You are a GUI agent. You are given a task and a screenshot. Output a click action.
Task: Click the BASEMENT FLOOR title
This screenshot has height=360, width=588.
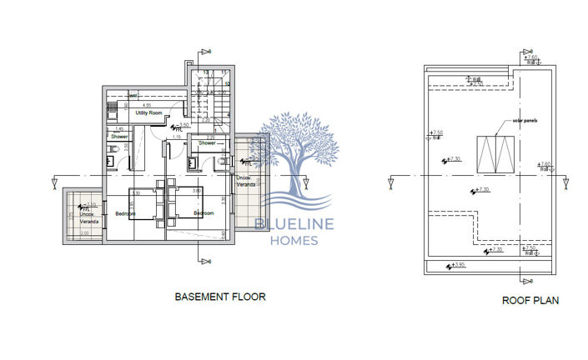[219, 297]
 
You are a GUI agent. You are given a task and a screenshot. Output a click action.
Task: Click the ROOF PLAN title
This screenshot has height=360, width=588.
[530, 301]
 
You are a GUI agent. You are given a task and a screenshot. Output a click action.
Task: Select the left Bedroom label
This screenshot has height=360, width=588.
[127, 213]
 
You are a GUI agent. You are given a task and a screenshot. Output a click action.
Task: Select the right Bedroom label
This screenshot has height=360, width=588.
[204, 213]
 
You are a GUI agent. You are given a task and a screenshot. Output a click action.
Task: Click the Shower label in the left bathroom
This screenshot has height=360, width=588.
[119, 136]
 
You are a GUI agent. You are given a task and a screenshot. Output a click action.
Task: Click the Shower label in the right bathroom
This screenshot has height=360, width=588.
[208, 142]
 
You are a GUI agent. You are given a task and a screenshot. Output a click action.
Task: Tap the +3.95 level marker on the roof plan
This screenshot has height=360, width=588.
[455, 267]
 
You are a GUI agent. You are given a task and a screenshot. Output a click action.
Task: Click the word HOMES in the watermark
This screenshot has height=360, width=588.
[293, 242]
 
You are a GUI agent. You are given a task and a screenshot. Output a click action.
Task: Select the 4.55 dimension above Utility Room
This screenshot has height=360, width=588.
[146, 106]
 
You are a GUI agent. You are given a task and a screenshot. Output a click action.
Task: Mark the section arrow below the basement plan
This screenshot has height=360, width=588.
[203, 261]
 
